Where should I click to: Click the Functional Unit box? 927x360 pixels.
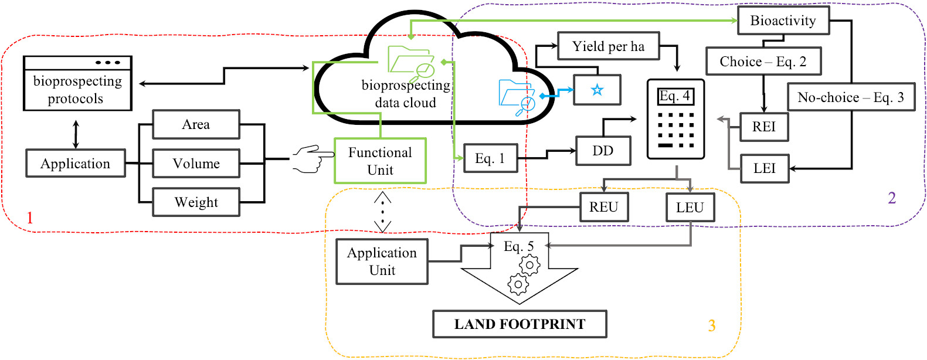coord(380,161)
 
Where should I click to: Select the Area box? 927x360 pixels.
coord(196,124)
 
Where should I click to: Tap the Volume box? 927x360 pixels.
coord(196,164)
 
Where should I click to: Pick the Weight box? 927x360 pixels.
coord(196,202)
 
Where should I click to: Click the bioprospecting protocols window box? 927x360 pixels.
coord(77,83)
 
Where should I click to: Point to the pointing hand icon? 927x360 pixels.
coord(313,159)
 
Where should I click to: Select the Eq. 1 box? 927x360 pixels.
coord(490,158)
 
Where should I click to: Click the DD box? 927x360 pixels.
coord(603,151)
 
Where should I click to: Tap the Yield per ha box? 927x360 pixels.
coord(608,46)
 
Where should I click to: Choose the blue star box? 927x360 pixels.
coord(597,90)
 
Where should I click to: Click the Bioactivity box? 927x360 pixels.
coord(783,21)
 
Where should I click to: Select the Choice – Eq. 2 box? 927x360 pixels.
coord(763,62)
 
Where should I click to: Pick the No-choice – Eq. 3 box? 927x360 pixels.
coord(850,97)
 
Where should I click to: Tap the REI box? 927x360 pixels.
coord(763,127)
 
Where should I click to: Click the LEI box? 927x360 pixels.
coord(764,168)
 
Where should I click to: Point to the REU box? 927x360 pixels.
coord(604,207)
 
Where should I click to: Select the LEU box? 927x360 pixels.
coord(690,208)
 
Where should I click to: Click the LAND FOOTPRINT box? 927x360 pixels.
coord(519,324)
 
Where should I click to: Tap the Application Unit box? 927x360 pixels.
coord(382,261)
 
